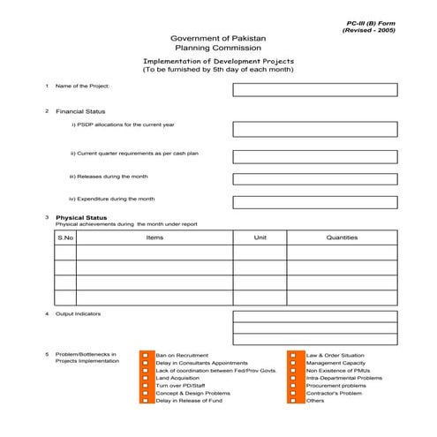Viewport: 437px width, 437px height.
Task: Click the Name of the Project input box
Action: [x=314, y=89]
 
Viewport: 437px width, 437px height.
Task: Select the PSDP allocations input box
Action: [x=314, y=129]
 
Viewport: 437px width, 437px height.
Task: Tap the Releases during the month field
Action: [x=314, y=178]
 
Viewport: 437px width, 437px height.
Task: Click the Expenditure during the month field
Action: [x=314, y=202]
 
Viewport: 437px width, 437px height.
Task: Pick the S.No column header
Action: [x=65, y=237]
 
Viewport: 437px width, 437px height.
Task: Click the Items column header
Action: [x=154, y=237]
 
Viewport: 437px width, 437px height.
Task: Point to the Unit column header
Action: [x=260, y=237]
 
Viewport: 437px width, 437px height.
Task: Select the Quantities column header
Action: [x=342, y=237]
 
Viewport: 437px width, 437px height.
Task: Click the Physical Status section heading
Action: [x=81, y=217]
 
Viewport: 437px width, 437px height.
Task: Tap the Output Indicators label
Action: [x=79, y=314]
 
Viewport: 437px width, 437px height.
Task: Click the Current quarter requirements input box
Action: [x=314, y=156]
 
